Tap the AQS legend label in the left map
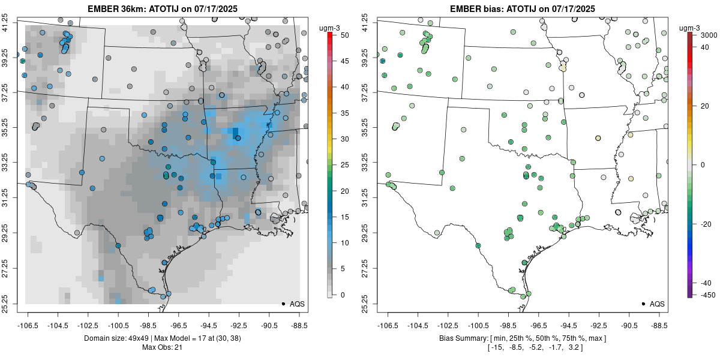pos(297,304)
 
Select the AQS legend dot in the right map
pos(643,304)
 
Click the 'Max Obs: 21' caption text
pos(162,347)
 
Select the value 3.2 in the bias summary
pos(574,347)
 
